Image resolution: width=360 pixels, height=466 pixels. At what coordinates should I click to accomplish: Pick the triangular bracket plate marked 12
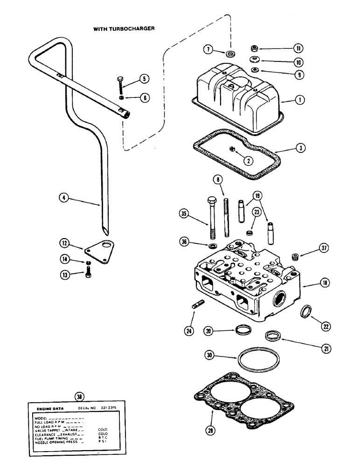(x=99, y=250)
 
